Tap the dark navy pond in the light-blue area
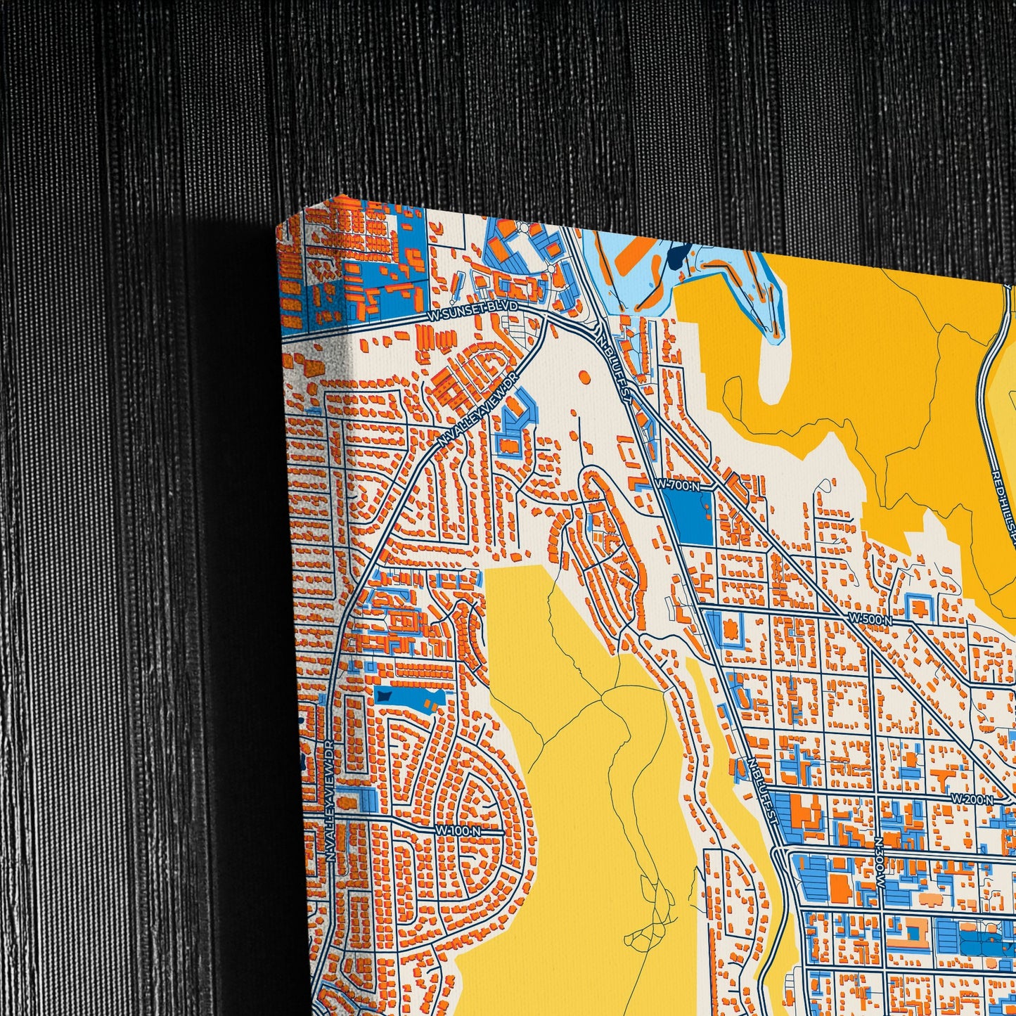pyautogui.click(x=676, y=257)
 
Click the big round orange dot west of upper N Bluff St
pyautogui.click(x=583, y=378)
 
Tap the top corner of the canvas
pyautogui.click(x=340, y=196)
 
